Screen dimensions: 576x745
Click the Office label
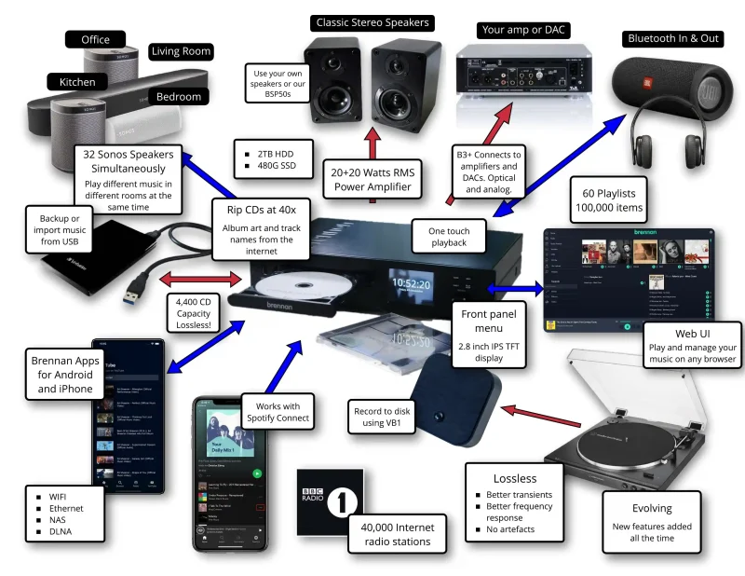[95, 39]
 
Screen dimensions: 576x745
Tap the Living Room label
[182, 50]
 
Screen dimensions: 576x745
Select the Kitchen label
[77, 82]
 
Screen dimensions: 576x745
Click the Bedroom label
[178, 96]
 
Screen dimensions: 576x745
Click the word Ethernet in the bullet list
[66, 508]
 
